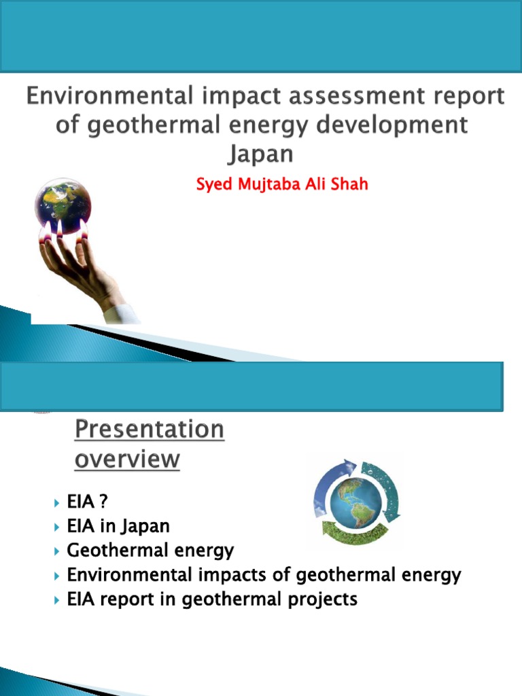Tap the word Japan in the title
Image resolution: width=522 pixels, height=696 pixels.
(260, 154)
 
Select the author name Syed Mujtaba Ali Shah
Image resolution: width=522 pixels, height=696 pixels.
(282, 184)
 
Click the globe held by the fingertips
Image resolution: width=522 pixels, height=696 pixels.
(63, 205)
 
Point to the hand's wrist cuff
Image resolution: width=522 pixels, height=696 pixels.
(121, 313)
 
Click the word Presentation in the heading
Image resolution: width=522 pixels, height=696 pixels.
(148, 430)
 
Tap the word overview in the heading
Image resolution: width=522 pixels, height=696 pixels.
(126, 459)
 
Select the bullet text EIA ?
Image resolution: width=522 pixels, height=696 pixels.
(88, 502)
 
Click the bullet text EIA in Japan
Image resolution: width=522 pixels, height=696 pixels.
(118, 525)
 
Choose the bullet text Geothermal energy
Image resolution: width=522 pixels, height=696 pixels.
(150, 550)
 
